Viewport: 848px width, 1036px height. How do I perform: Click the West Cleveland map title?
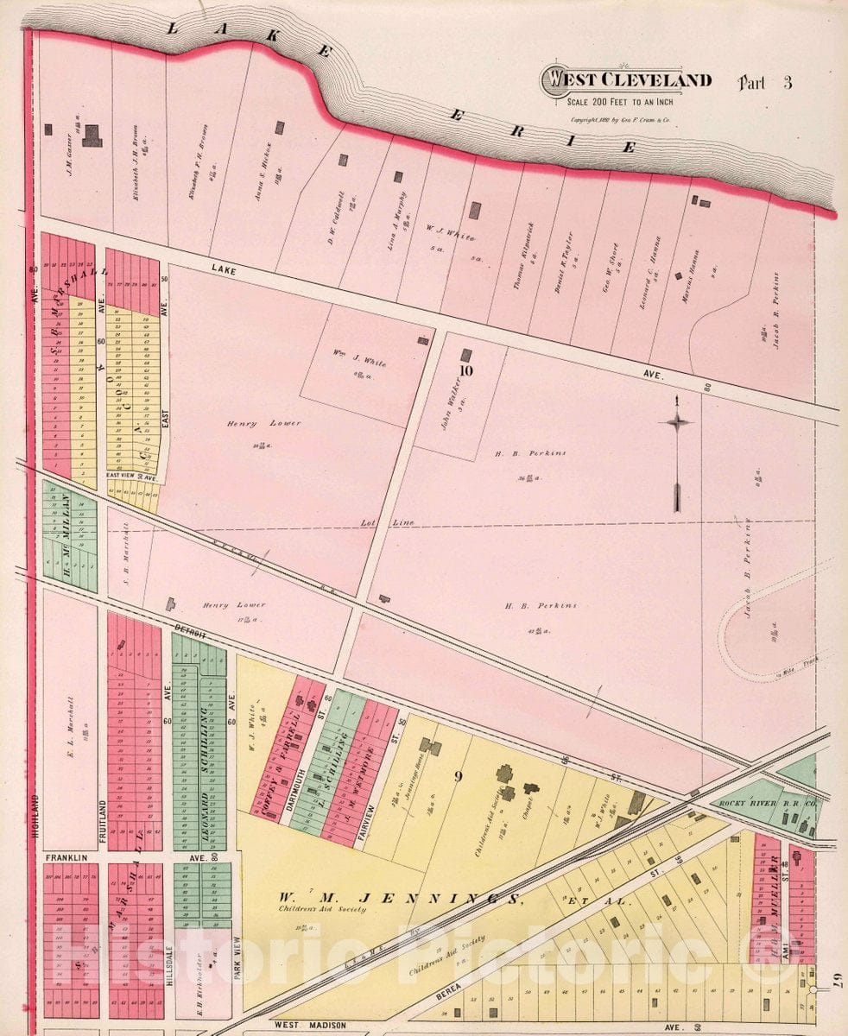626,80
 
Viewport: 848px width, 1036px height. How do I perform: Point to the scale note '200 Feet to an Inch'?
626,101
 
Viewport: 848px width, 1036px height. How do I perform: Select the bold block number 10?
467,371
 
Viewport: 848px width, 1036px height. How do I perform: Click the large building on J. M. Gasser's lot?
91,135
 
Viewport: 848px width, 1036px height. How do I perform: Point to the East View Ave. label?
130,476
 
